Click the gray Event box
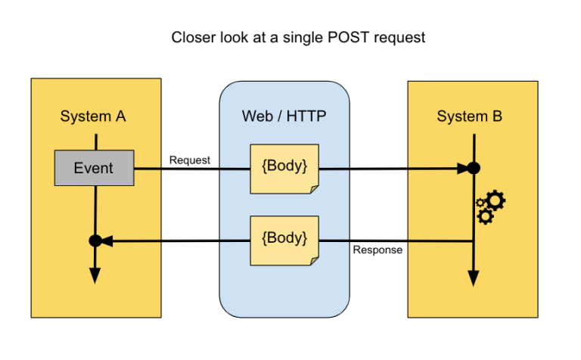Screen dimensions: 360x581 [x=94, y=168]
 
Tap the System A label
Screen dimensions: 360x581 [x=93, y=116]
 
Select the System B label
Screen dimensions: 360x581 [x=469, y=116]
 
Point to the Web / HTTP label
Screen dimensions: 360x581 [x=284, y=116]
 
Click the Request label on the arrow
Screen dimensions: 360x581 [x=190, y=160]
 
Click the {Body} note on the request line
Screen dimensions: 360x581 [x=284, y=168]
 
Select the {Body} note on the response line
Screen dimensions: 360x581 [x=284, y=239]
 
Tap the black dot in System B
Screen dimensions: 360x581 [x=474, y=168]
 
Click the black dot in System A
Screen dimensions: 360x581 [x=95, y=241]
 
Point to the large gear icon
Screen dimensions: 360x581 [x=496, y=200]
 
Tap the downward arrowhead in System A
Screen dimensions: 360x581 [x=95, y=275]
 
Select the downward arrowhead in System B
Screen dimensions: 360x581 [x=474, y=278]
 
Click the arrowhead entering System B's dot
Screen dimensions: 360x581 [x=461, y=168]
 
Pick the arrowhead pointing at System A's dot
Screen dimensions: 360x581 [x=107, y=241]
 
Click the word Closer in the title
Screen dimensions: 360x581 [x=194, y=36]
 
